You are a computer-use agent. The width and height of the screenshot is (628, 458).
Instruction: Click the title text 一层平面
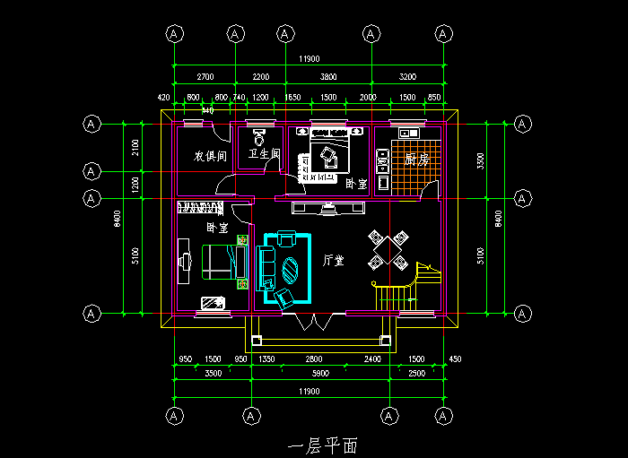tap(323, 445)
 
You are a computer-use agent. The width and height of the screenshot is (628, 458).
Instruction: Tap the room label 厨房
tap(417, 160)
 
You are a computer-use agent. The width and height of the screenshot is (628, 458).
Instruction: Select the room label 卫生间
tap(265, 155)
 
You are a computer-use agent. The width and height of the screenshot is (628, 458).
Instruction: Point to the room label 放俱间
tap(211, 156)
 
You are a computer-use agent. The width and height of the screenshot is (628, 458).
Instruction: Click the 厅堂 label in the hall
tap(334, 261)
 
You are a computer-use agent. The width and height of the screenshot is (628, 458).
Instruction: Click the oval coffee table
tap(291, 268)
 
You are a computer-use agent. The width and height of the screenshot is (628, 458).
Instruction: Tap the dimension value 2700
tap(205, 77)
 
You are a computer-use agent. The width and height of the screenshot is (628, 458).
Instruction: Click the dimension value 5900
tap(319, 372)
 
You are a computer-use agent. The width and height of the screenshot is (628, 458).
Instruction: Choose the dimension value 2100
tap(135, 146)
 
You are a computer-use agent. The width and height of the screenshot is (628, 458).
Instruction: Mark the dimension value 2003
tap(368, 97)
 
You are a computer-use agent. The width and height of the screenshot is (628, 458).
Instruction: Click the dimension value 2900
tap(416, 372)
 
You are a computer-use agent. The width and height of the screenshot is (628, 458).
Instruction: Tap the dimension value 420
tap(164, 97)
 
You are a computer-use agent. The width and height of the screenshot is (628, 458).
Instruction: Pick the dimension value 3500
tap(214, 372)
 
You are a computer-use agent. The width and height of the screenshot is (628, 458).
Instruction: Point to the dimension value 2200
tap(260, 77)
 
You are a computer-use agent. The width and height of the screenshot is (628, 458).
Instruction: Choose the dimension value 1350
tap(266, 359)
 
